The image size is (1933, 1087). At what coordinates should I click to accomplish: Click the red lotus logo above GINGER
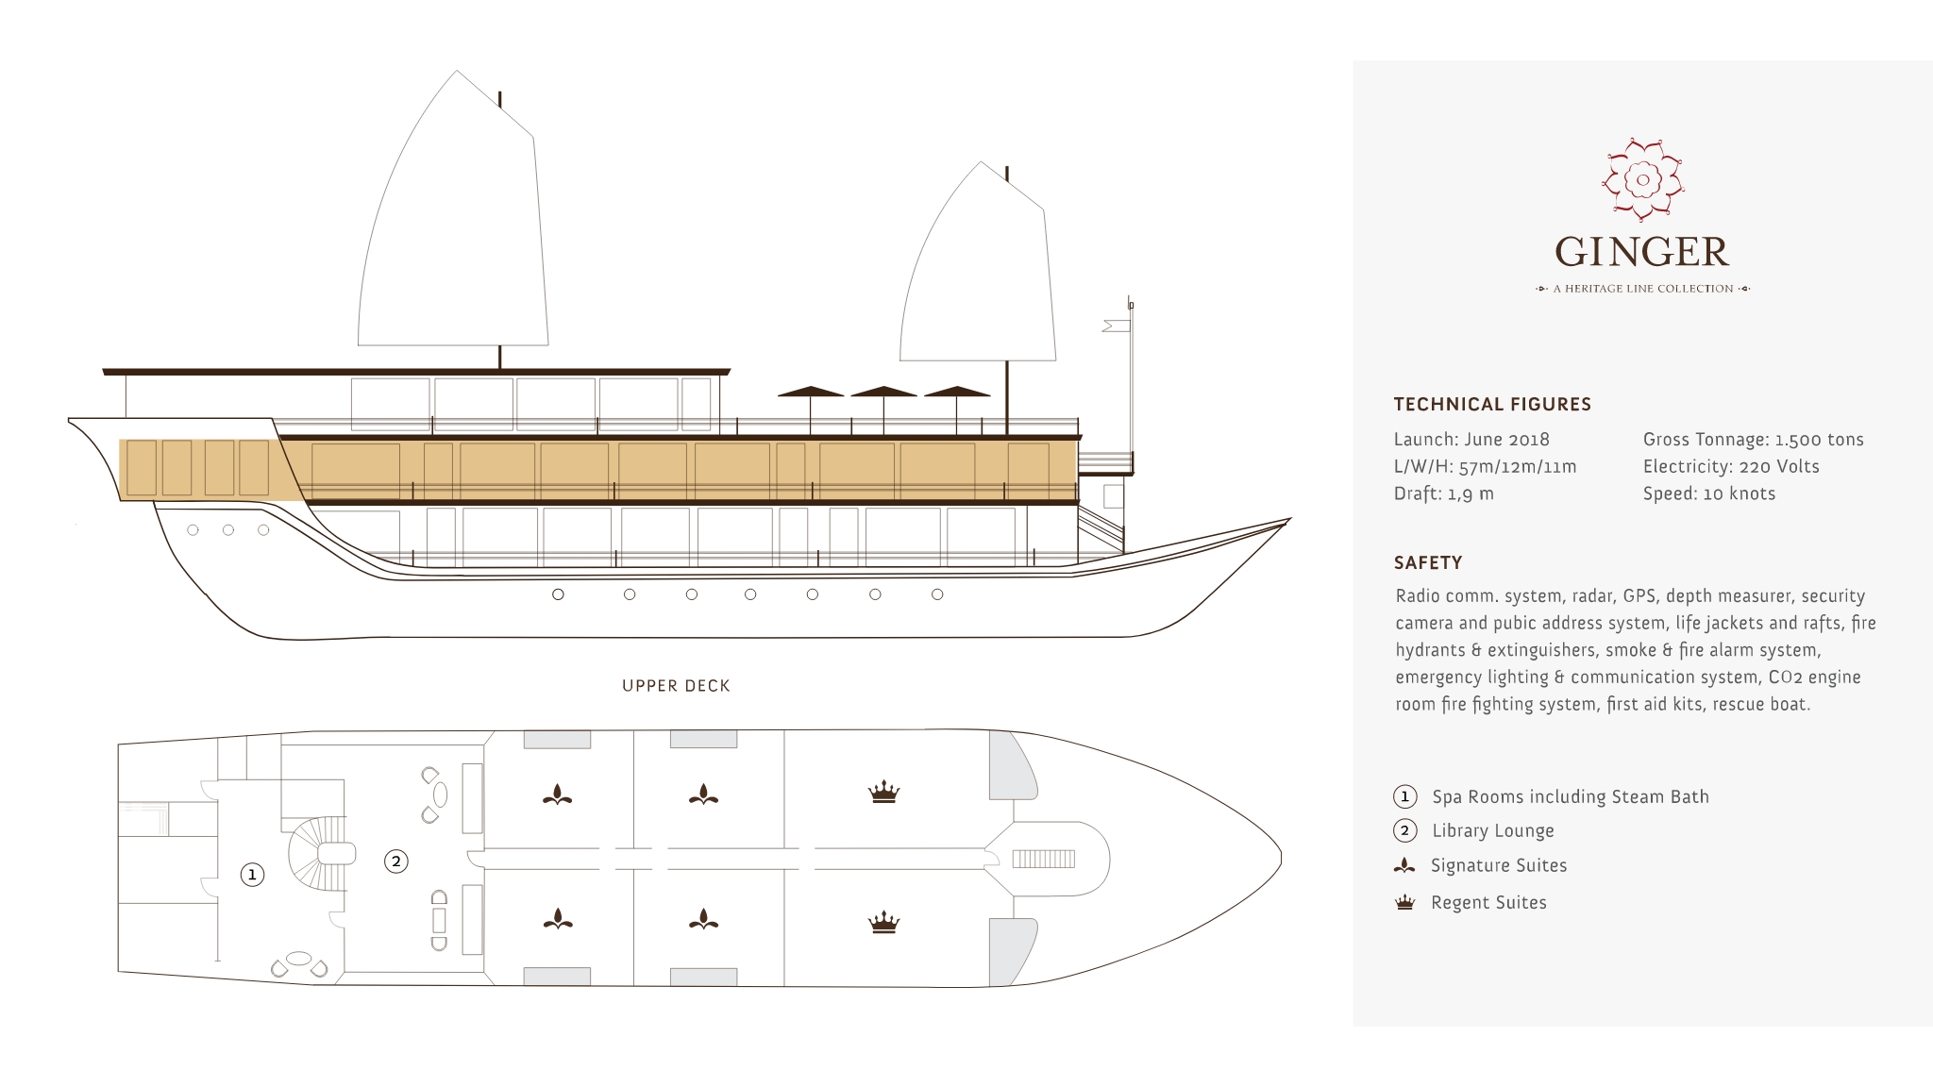[x=1643, y=179]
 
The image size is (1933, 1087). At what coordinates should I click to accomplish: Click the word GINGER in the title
[x=1642, y=252]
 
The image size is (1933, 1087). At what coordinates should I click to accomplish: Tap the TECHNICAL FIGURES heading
[x=1492, y=404]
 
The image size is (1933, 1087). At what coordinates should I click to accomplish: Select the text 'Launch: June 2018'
[x=1471, y=440]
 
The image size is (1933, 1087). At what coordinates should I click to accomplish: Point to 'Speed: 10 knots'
[x=1708, y=493]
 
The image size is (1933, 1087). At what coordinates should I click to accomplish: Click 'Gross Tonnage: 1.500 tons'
[x=1753, y=440]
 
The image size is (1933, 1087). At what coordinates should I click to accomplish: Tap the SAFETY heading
[x=1428, y=562]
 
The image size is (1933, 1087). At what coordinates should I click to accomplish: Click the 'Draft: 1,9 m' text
[x=1443, y=493]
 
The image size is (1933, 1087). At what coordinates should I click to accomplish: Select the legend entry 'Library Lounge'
[x=1492, y=831]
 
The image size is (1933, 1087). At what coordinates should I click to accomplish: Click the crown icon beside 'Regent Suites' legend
[x=1404, y=903]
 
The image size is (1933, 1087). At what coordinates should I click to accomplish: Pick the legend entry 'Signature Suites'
[x=1498, y=866]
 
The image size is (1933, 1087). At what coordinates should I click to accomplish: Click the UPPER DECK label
[x=676, y=686]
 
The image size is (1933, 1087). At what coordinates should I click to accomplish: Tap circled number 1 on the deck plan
[x=252, y=875]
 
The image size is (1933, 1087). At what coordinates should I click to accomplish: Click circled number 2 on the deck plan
[x=396, y=861]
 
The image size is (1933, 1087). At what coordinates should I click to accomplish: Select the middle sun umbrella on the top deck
[x=883, y=392]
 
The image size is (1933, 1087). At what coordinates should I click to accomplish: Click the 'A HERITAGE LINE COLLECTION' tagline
[x=1642, y=289]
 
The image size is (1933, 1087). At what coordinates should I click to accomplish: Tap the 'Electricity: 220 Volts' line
[x=1730, y=467]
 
